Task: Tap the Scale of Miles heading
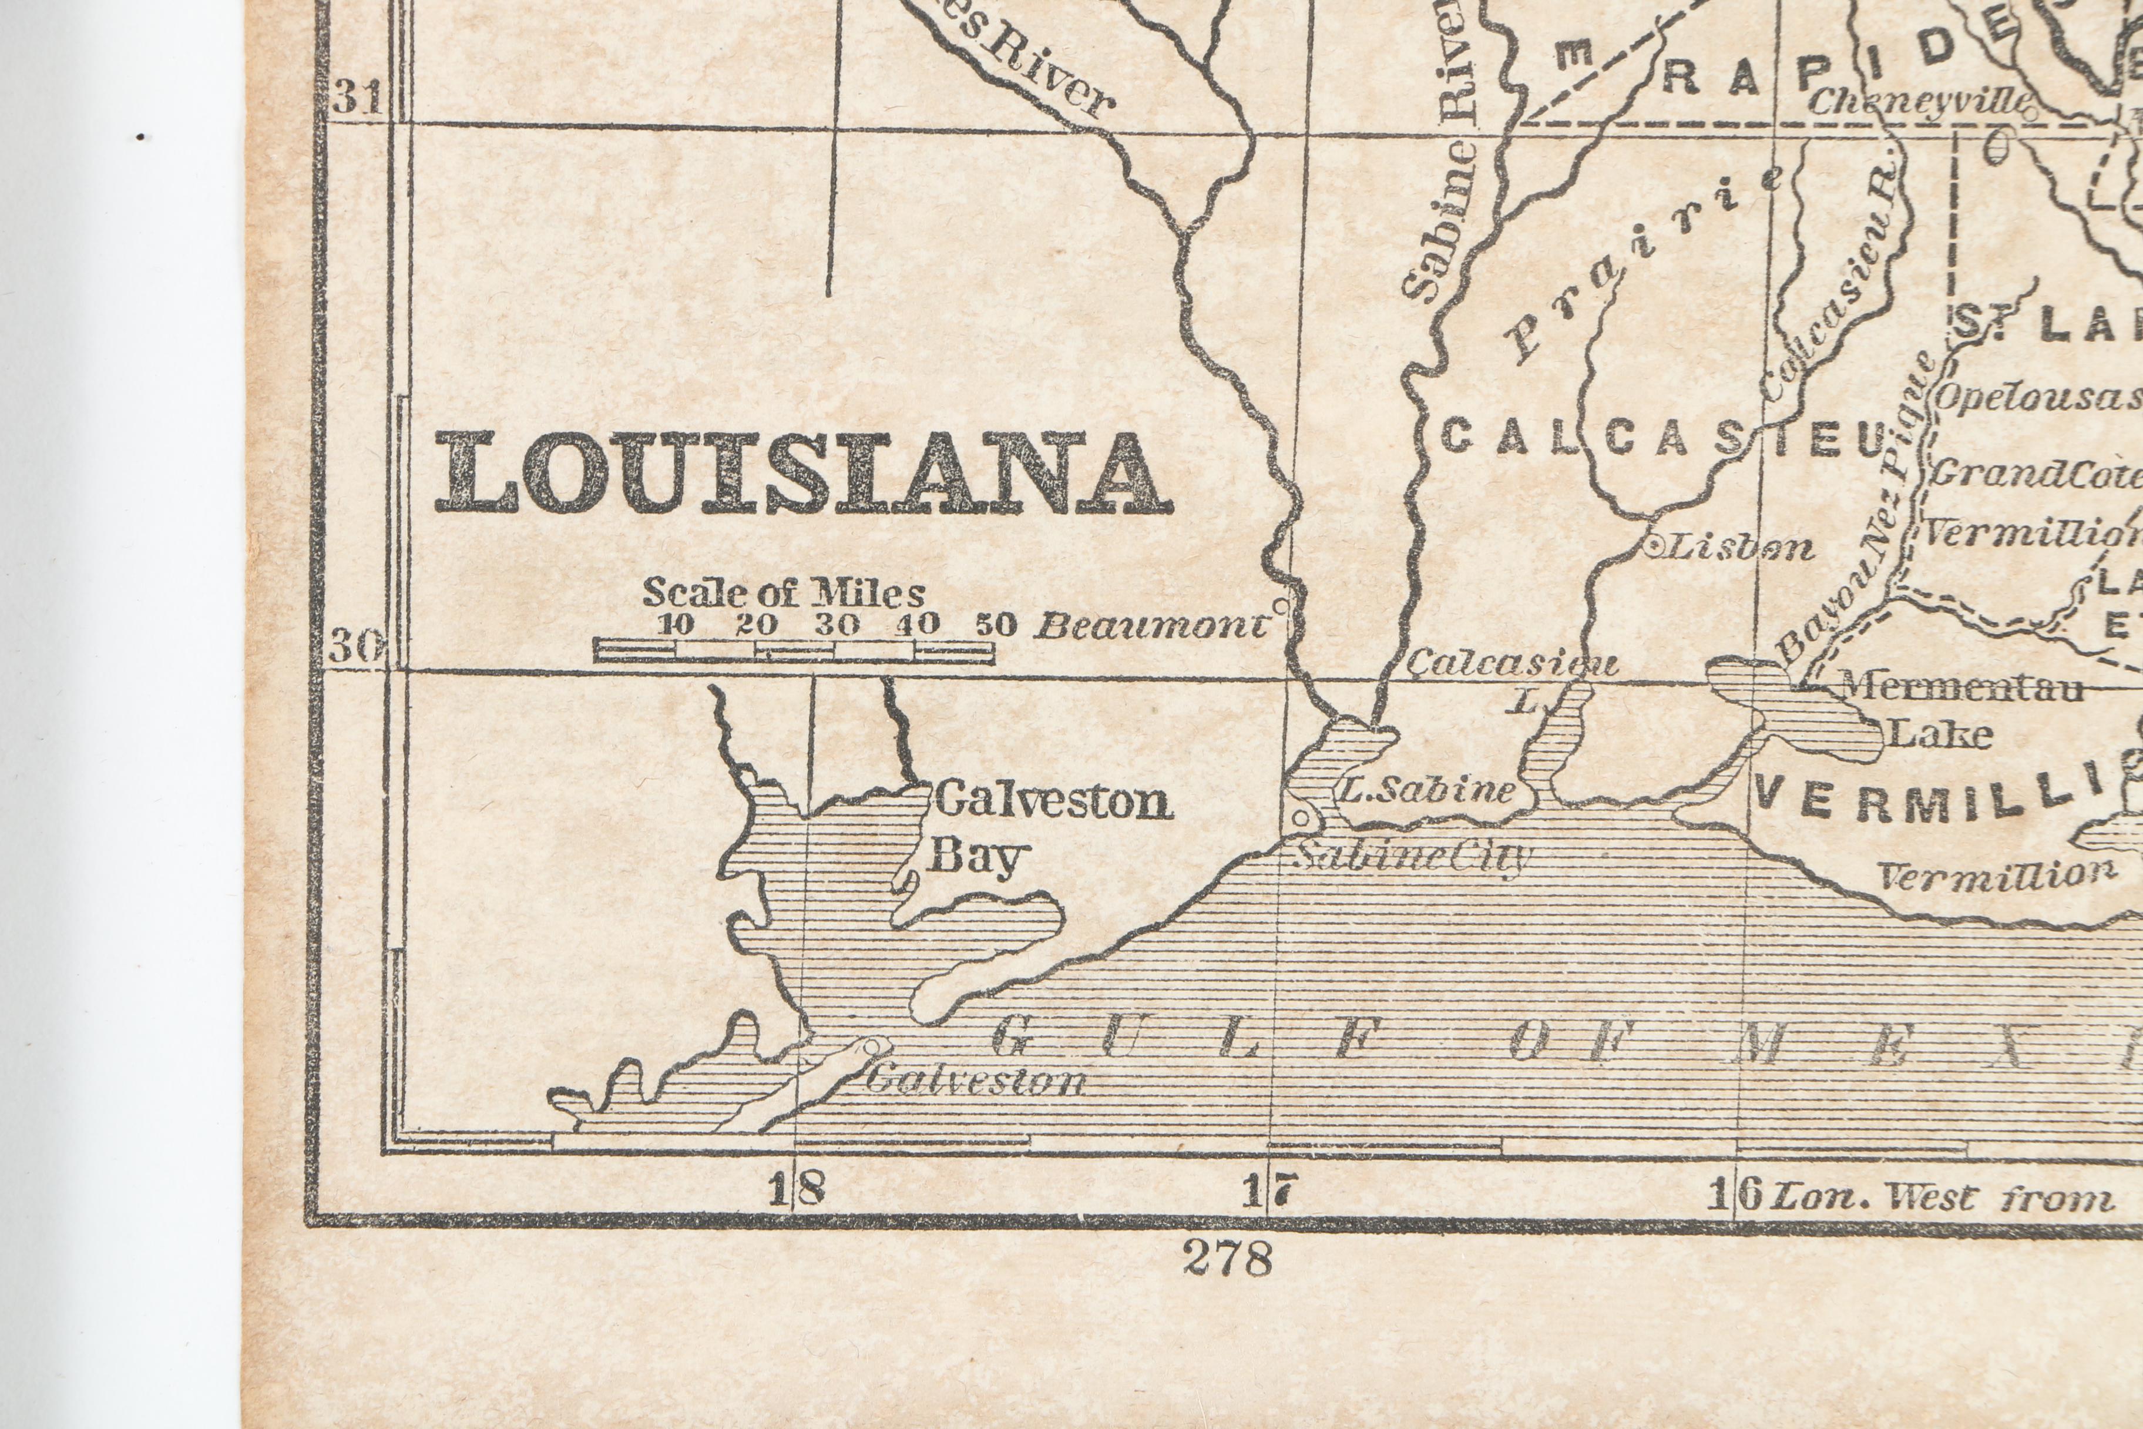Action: click(x=784, y=593)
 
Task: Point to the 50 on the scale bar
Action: click(x=995, y=625)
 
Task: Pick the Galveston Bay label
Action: click(x=1052, y=829)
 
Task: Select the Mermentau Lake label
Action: click(x=1959, y=711)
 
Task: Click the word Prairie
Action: click(x=1640, y=264)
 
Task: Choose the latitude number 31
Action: click(x=356, y=96)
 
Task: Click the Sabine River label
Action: click(x=1449, y=155)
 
